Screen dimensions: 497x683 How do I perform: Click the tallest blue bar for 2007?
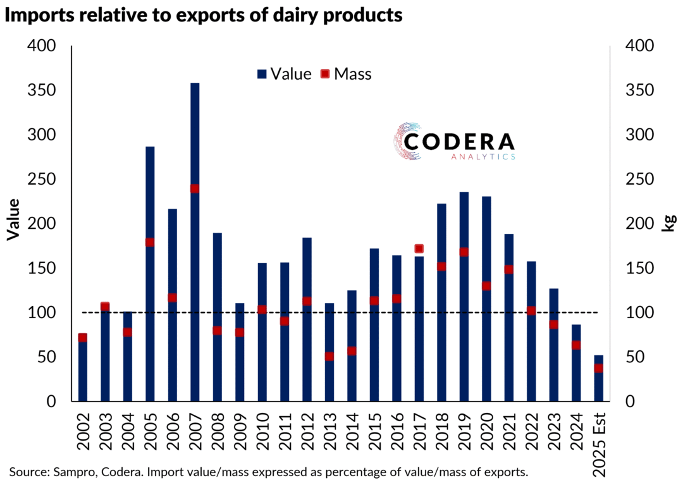coord(195,253)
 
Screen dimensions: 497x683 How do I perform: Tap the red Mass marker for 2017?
coord(419,248)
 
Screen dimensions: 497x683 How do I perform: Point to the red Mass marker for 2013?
coord(329,356)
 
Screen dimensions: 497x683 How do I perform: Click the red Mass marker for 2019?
coord(464,252)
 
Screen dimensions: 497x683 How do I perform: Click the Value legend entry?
coord(285,74)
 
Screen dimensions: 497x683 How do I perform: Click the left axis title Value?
coord(13,219)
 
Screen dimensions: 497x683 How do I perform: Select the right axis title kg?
coord(668,223)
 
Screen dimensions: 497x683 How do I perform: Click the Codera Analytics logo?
coord(454,140)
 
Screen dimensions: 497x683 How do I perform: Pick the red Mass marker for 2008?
coord(217,330)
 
